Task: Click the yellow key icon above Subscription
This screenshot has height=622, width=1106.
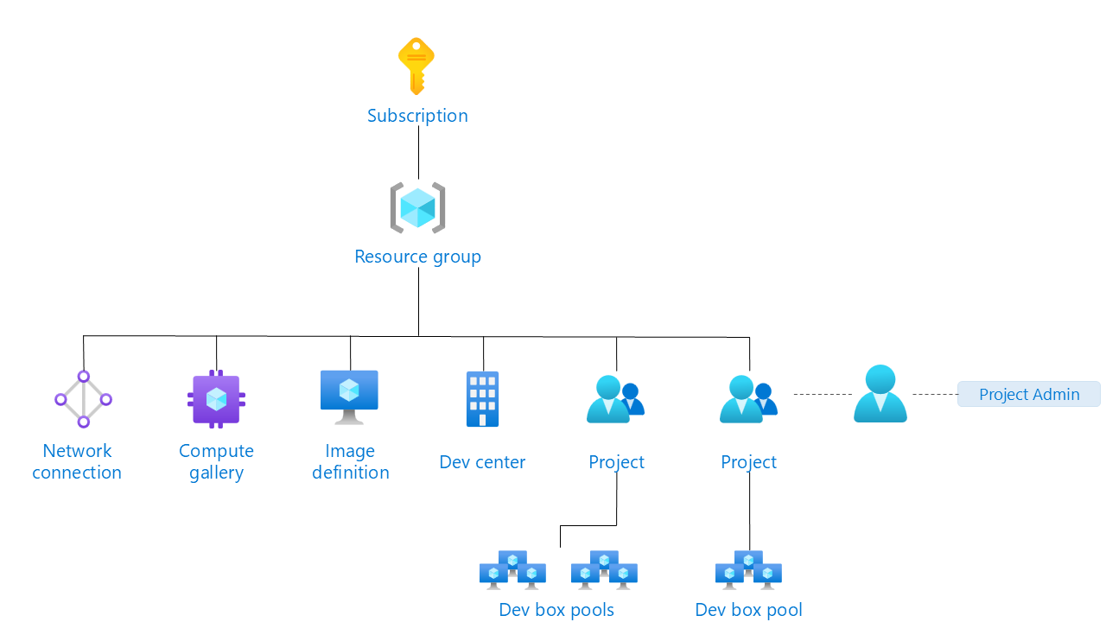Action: click(x=416, y=65)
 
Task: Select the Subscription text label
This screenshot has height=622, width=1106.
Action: click(x=417, y=116)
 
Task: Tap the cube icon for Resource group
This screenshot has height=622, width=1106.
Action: click(x=417, y=208)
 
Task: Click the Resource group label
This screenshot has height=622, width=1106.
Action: click(x=417, y=257)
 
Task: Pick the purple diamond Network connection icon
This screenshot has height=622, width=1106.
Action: click(x=84, y=399)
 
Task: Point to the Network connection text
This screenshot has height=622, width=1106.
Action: click(x=77, y=461)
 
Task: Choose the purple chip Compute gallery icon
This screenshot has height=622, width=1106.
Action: click(x=216, y=399)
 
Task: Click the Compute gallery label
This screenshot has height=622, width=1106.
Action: click(x=216, y=461)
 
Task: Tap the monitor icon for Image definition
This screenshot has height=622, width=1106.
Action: click(x=349, y=397)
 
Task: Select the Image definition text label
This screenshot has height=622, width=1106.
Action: click(x=350, y=461)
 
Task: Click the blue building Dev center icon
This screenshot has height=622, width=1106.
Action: click(x=482, y=399)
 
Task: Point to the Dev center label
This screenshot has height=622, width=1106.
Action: click(x=482, y=462)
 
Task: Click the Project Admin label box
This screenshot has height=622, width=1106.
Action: click(x=1028, y=394)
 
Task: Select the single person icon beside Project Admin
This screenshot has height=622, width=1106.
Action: click(x=880, y=394)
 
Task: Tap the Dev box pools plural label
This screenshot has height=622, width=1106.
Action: click(x=556, y=610)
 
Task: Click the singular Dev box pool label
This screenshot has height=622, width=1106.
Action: click(x=748, y=610)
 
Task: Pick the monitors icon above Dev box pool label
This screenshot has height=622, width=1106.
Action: click(x=748, y=570)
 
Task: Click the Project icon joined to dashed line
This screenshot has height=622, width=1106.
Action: click(x=748, y=399)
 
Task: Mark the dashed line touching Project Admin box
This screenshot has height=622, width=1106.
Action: click(x=935, y=394)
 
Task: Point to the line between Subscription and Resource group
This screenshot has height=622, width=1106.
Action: click(x=418, y=153)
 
